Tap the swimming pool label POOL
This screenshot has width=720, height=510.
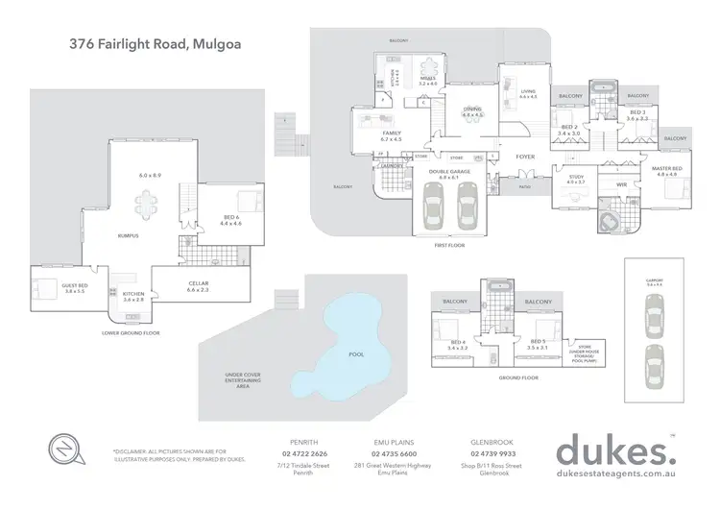[356, 354]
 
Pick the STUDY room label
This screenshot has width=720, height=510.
[576, 177]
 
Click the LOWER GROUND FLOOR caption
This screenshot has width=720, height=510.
[131, 332]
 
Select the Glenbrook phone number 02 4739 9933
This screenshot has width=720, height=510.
[494, 454]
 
